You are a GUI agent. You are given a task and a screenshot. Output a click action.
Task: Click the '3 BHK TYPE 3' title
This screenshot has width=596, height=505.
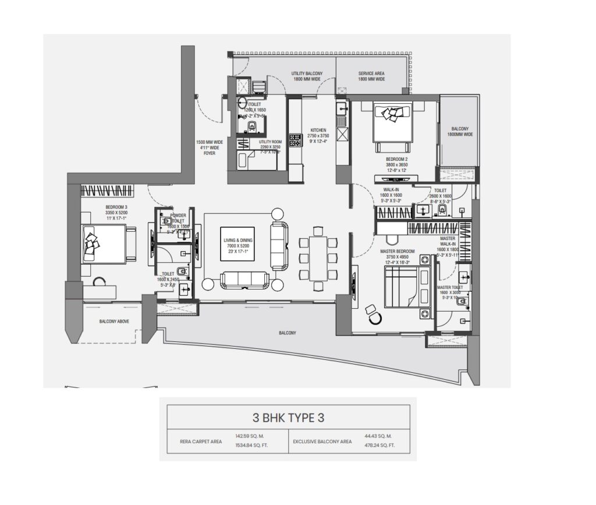pos(288,418)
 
